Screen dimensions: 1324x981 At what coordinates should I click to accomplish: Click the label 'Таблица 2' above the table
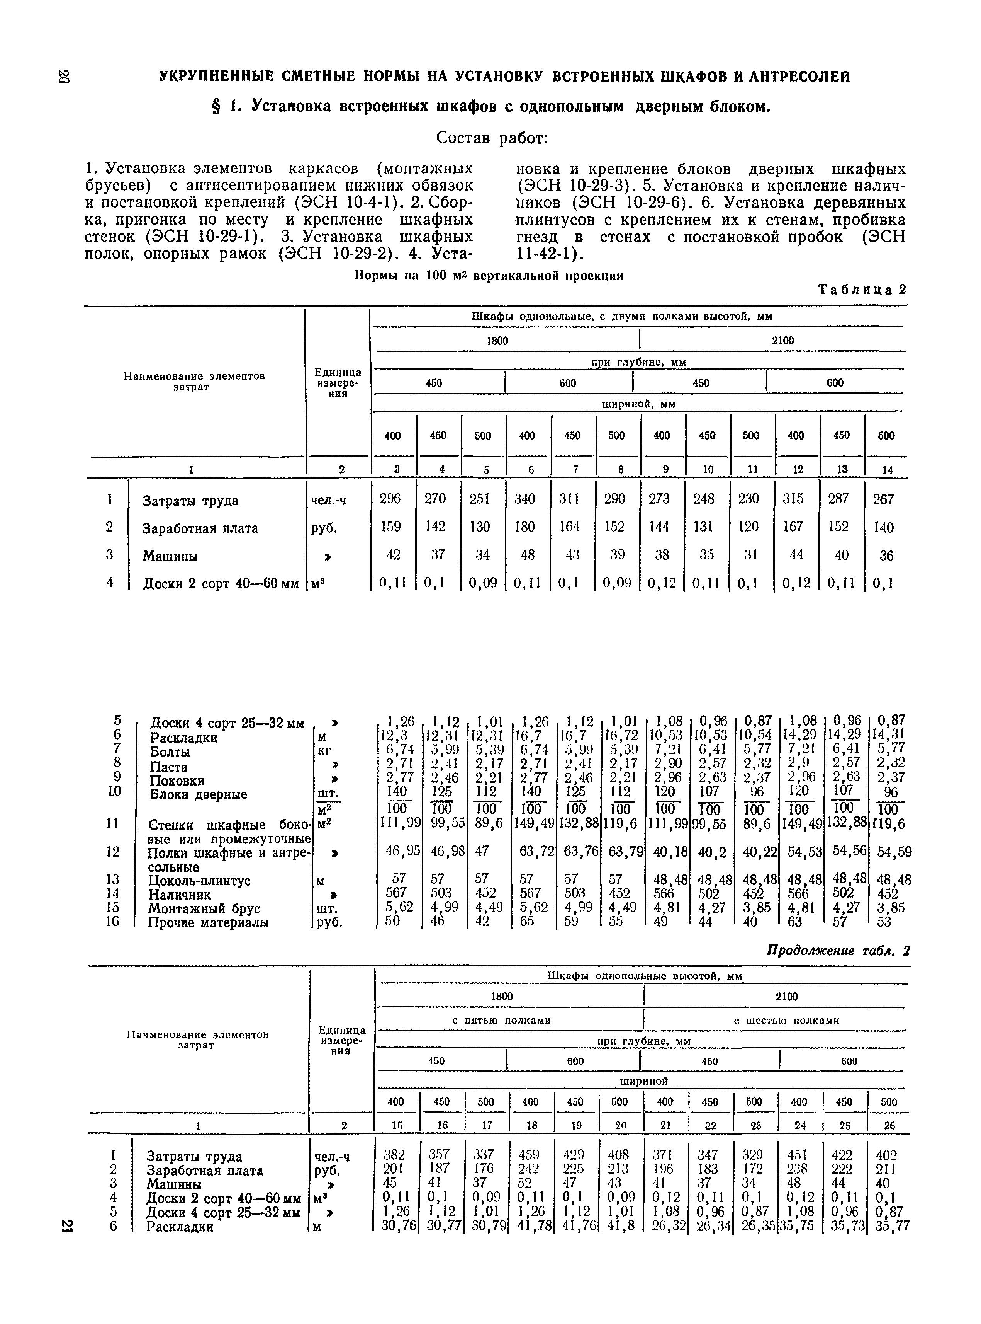pos(862,290)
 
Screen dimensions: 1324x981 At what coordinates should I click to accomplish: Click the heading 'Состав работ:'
pos(491,138)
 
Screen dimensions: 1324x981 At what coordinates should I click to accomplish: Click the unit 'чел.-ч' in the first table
pos(328,500)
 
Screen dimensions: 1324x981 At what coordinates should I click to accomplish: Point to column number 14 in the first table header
pos(887,469)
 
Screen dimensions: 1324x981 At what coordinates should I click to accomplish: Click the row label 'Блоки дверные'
pos(198,794)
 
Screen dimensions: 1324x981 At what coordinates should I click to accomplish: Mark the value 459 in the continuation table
pos(528,1155)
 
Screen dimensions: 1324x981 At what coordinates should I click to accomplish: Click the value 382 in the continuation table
pos(394,1155)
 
